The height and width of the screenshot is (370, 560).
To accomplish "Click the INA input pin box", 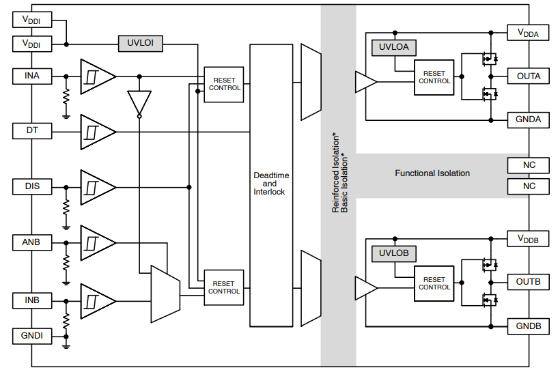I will (32, 76).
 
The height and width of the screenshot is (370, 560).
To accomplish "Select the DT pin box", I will (32, 130).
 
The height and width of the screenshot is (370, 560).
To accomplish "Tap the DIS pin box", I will (32, 186).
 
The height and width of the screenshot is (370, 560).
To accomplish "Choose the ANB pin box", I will (32, 242).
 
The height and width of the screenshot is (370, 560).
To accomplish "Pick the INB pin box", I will (32, 300).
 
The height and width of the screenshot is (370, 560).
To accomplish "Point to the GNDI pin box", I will (32, 335).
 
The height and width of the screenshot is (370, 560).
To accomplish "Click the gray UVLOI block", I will (141, 43).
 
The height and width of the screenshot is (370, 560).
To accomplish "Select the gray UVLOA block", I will (393, 47).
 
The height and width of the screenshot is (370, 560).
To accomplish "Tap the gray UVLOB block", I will (393, 253).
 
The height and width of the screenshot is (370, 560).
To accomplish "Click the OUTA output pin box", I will (528, 76).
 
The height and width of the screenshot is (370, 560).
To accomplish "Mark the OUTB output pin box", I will (528, 282).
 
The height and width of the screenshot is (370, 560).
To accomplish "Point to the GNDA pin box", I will (528, 119).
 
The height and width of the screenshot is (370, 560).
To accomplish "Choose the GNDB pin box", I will (528, 326).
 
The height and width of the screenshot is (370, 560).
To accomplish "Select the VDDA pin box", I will (528, 32).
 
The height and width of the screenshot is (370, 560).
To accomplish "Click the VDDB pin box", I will (528, 239).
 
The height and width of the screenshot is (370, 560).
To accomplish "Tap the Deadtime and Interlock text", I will (270, 184).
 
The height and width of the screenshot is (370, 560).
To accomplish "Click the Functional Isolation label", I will (432, 173).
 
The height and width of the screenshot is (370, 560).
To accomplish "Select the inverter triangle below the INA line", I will (139, 103).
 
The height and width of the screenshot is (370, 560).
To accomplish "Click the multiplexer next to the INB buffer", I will (165, 294).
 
